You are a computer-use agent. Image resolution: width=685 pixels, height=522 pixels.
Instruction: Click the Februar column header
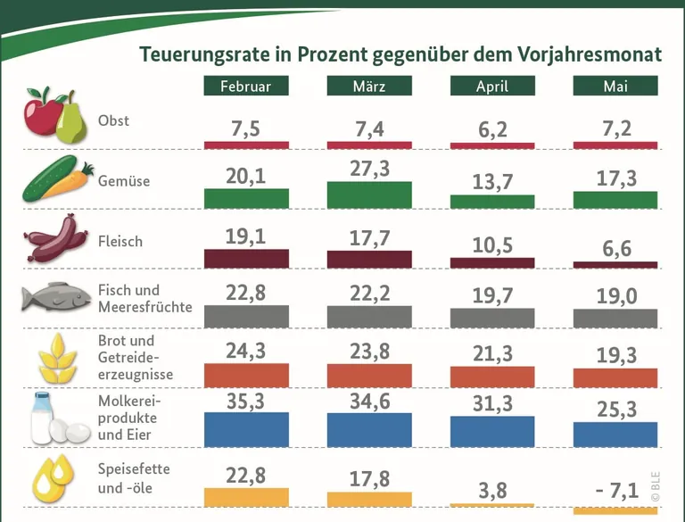(245, 86)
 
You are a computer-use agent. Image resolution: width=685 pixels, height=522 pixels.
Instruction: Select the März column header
(368, 86)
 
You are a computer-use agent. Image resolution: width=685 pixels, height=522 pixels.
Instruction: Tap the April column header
(492, 86)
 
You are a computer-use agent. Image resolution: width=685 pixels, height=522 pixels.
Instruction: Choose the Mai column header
(615, 86)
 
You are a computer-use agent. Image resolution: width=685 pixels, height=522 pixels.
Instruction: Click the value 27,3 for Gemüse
(369, 169)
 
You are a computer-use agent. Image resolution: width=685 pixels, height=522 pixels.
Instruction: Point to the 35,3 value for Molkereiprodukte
(245, 402)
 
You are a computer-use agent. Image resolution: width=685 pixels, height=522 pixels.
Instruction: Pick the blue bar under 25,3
(615, 434)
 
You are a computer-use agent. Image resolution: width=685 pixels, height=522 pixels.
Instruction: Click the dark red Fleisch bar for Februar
(246, 259)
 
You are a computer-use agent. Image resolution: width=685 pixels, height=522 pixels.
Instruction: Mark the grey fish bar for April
(492, 318)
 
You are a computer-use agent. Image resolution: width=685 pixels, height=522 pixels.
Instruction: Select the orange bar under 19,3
(615, 377)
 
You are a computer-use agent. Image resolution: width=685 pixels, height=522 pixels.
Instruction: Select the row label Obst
(113, 120)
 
